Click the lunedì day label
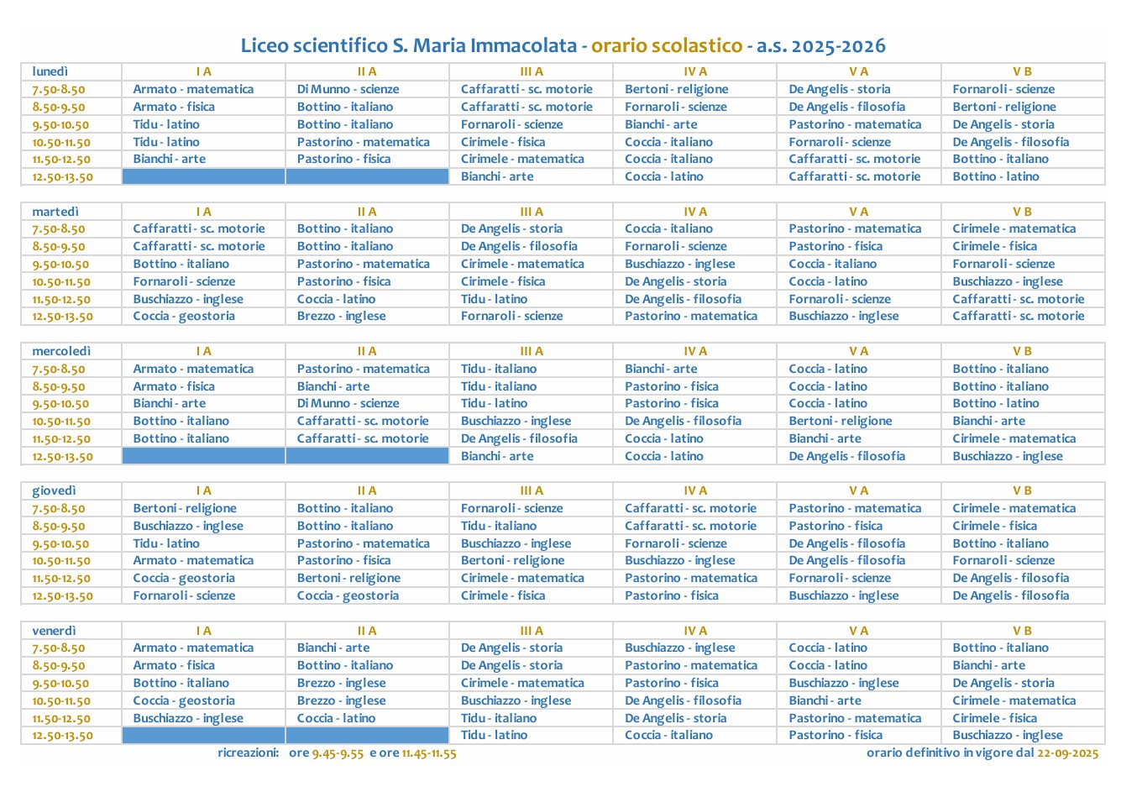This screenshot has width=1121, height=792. click(50, 71)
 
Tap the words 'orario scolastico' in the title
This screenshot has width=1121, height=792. click(667, 45)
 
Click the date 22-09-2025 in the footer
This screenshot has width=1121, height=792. click(1067, 753)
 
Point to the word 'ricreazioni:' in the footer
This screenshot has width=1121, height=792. click(248, 753)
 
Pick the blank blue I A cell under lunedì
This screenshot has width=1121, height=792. click(203, 176)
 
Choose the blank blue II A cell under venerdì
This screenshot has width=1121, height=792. click(367, 736)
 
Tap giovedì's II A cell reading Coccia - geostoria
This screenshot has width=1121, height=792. click(348, 595)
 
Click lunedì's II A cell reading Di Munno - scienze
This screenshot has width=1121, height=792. click(348, 89)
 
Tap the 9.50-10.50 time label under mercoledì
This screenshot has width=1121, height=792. click(60, 404)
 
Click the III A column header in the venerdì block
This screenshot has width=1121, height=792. click(531, 631)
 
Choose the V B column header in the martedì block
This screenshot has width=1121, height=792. click(1022, 212)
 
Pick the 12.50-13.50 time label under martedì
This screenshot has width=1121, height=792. click(63, 317)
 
